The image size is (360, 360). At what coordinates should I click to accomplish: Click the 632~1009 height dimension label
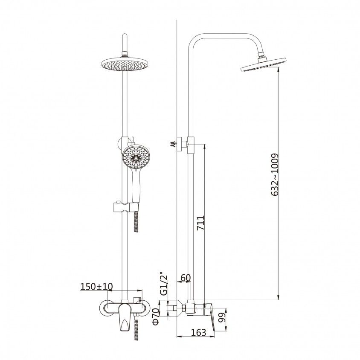click(x=275, y=175)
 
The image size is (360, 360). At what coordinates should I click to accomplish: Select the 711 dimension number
click(x=200, y=223)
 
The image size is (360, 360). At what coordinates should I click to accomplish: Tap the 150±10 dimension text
click(x=97, y=287)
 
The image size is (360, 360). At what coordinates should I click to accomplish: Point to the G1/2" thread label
click(x=164, y=284)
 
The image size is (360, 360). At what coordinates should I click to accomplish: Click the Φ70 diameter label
click(x=156, y=317)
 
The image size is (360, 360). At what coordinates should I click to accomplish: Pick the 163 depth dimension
click(x=199, y=332)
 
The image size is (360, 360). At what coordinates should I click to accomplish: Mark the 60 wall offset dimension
click(x=186, y=278)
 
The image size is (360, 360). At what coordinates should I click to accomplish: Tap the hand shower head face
click(x=136, y=157)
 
